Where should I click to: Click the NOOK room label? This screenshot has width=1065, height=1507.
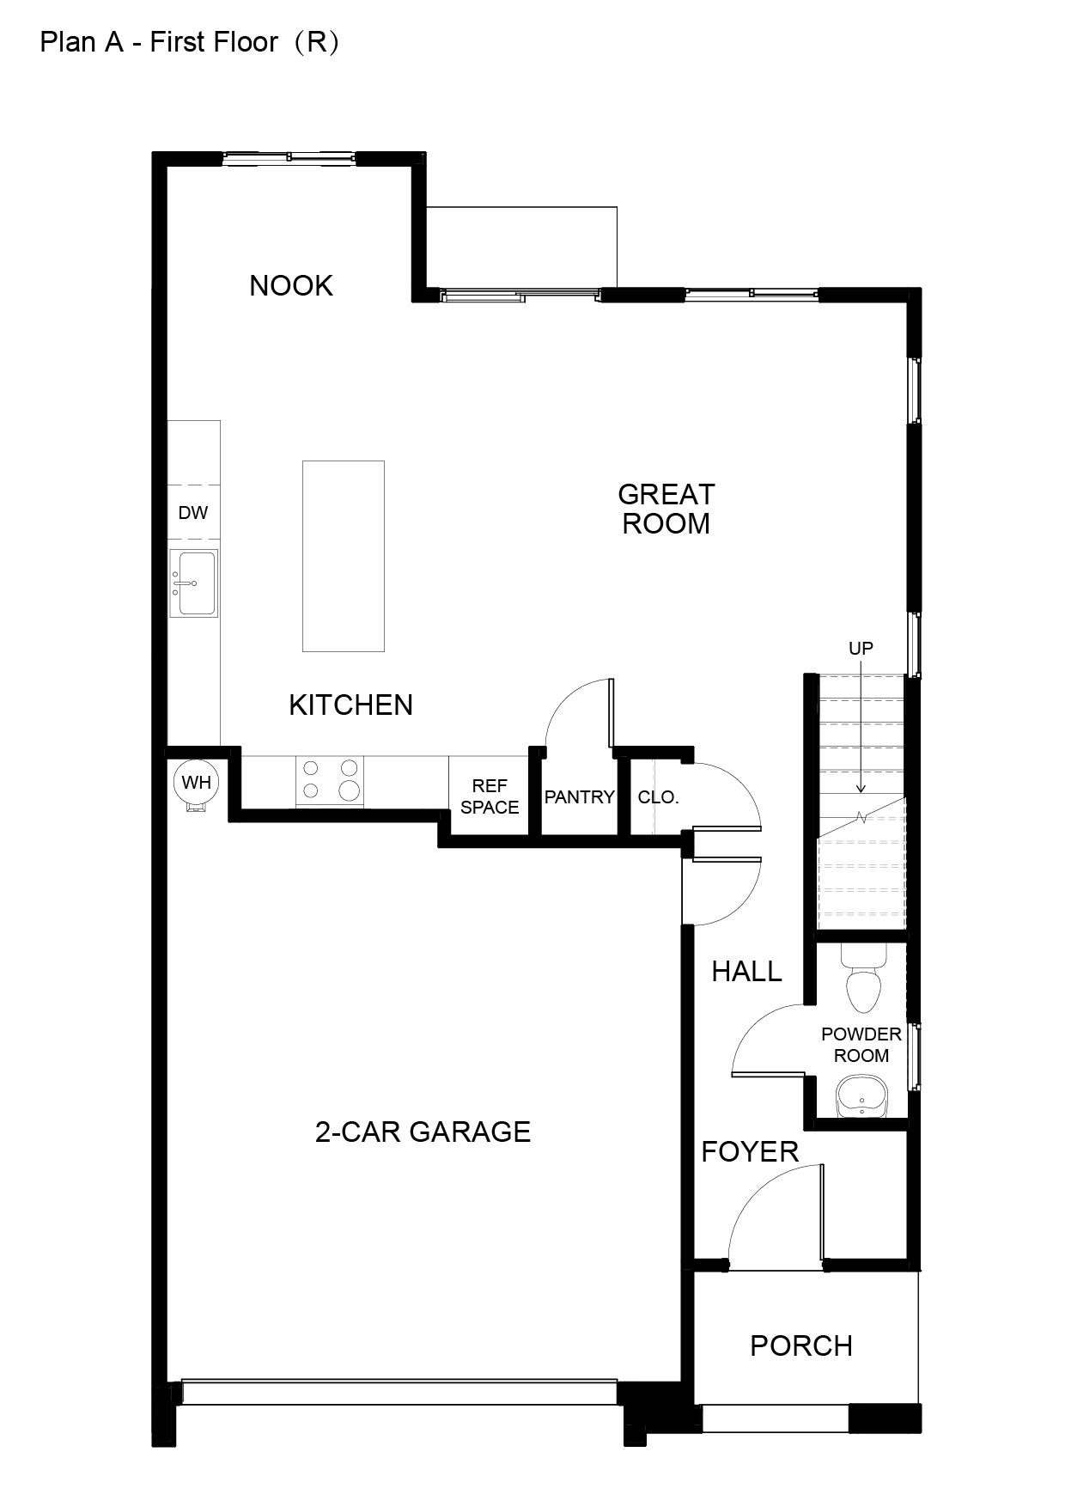291,285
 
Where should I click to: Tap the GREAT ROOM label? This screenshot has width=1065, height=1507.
666,509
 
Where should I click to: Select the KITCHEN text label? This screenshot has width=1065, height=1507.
351,705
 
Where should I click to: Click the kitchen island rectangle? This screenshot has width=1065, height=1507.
344,556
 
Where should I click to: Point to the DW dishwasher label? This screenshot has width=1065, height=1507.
193,513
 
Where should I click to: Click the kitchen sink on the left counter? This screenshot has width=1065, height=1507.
193,583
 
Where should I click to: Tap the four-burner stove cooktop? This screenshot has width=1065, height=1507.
330,780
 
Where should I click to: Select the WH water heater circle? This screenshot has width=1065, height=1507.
197,783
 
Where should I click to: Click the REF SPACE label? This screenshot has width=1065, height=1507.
490,796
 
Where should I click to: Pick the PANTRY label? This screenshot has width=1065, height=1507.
580,796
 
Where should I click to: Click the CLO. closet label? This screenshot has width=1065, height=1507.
659,797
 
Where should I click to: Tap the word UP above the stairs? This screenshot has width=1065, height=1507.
861,648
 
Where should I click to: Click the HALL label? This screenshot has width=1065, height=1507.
747,972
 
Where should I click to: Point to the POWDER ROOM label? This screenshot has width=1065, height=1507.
861,1045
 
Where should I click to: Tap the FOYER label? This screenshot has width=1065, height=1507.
750,1151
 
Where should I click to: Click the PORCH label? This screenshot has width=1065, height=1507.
801,1345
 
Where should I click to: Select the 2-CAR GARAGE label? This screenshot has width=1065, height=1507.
423,1132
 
